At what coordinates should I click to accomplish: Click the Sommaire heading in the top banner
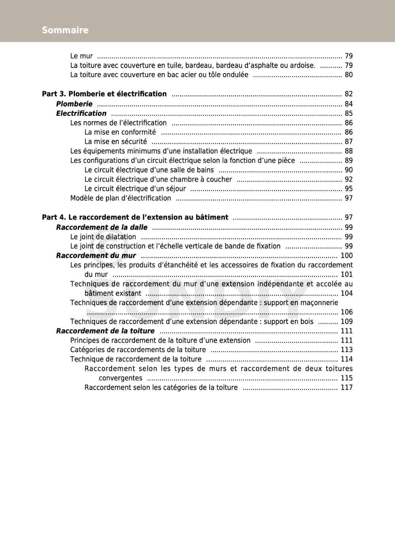coord(65,30)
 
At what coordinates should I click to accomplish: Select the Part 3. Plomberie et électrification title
coord(104,94)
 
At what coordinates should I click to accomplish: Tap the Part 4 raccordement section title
coord(135,217)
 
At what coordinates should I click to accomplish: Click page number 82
coord(348,94)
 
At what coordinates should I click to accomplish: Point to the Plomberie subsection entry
coord(74,104)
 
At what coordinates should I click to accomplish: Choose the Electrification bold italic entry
coord(81,113)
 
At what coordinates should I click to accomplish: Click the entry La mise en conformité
coord(120,132)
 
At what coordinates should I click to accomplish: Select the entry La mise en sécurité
coord(116,142)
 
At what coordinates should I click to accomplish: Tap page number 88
coord(348,151)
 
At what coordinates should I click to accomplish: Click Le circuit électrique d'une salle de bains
coord(149,170)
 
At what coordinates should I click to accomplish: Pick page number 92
coord(348,179)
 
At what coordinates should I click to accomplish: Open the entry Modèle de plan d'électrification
coord(120,198)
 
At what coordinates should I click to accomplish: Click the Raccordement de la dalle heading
coord(102,228)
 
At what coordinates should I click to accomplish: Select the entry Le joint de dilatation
coord(103,237)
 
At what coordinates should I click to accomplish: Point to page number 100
coord(346,256)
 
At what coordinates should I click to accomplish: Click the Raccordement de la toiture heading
coord(105,331)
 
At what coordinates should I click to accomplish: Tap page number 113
coord(346,350)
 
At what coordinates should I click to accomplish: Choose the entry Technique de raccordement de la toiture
coord(136,359)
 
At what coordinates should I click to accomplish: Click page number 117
coord(346,388)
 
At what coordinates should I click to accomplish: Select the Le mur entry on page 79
coord(81,56)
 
